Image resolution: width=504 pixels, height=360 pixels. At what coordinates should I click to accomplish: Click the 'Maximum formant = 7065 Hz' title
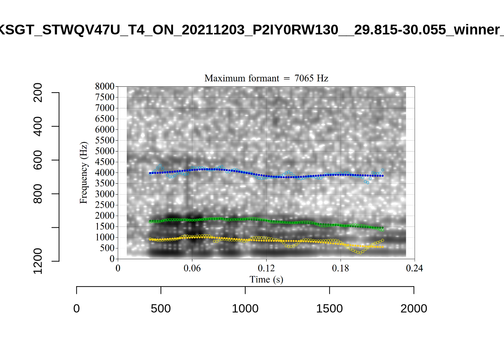point(266,78)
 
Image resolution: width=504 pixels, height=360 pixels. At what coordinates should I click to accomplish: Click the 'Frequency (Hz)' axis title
point(83,173)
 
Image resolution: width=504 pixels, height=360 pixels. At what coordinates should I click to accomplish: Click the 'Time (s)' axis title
point(266,279)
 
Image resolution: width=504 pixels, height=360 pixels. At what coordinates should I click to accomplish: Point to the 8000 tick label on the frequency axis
point(105,86)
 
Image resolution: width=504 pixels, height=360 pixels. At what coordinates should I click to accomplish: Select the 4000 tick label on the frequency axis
point(105,172)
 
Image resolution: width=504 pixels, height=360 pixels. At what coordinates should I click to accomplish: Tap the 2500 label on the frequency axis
point(105,205)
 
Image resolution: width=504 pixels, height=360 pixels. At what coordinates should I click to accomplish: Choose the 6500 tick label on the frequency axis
point(105,118)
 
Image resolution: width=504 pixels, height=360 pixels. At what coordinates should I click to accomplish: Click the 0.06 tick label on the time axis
point(192,268)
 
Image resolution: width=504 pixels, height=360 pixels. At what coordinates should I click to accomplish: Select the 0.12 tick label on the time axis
point(266,268)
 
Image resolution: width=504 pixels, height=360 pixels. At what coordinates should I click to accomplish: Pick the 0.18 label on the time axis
point(340,268)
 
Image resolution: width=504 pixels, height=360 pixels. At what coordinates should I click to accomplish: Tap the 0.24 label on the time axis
point(414,268)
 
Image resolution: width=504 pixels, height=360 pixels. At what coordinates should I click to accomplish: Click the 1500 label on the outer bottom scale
point(329,309)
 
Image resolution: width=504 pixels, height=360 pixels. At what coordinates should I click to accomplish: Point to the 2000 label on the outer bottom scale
point(414,309)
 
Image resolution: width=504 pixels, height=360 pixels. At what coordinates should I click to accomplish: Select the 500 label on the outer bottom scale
point(161,309)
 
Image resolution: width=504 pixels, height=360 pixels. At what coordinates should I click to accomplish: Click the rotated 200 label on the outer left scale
point(38,93)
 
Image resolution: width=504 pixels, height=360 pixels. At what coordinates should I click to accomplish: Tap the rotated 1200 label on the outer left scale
point(38,261)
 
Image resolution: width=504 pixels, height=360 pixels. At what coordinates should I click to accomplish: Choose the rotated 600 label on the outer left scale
point(38,160)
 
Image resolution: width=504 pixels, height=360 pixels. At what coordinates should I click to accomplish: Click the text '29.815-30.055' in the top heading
point(400,30)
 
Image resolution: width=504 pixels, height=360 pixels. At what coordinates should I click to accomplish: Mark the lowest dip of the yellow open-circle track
point(359,253)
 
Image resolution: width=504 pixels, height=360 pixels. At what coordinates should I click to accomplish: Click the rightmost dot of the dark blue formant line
point(382,176)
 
